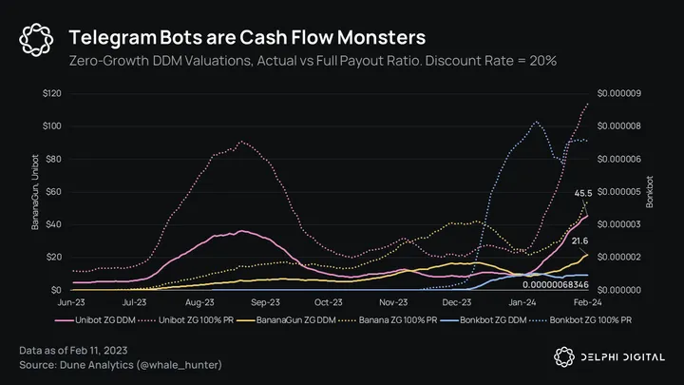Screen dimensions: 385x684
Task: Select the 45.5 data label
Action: click(x=583, y=194)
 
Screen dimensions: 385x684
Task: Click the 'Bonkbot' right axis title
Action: click(x=651, y=191)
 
